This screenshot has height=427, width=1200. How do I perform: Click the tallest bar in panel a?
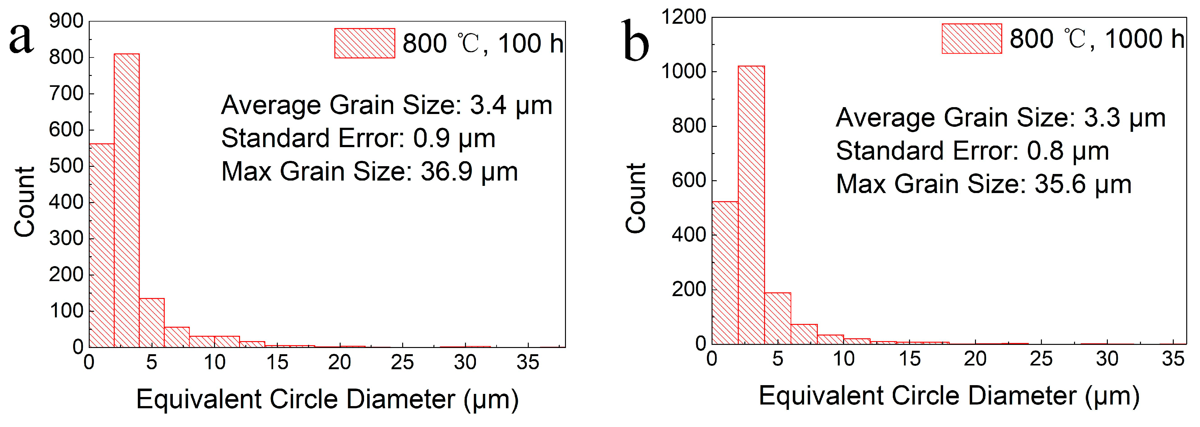click(x=126, y=200)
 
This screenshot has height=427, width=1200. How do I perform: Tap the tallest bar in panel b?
click(x=751, y=205)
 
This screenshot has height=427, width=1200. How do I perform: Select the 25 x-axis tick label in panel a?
click(x=402, y=362)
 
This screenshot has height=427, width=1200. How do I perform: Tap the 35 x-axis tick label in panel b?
click(x=1172, y=359)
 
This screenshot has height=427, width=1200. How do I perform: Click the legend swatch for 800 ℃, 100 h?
click(x=364, y=43)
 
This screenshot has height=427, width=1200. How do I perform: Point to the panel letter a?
click(x=22, y=38)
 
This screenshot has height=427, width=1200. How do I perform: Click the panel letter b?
click(x=636, y=41)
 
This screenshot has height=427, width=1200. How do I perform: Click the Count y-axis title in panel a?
click(x=24, y=201)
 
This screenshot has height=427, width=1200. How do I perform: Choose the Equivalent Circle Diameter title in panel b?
click(x=949, y=396)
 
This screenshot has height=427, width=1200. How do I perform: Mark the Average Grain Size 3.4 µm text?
click(x=386, y=105)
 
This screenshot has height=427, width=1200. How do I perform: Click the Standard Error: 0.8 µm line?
click(x=972, y=151)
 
